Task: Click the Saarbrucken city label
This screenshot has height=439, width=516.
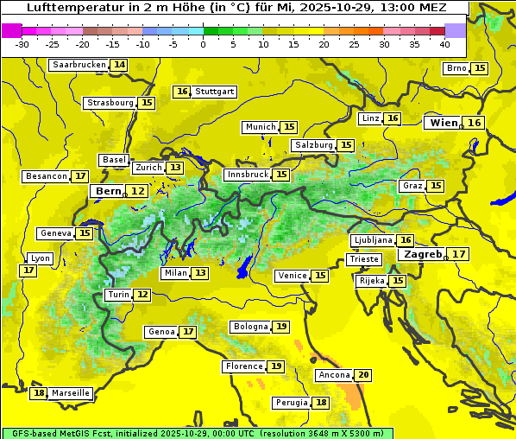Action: point(79,65)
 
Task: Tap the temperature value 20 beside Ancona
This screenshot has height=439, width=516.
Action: point(363,375)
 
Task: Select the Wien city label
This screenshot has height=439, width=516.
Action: point(444,123)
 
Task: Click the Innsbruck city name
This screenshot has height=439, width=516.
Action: point(247,175)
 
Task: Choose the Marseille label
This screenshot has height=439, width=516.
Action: point(71,393)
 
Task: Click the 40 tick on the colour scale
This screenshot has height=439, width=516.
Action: point(444,43)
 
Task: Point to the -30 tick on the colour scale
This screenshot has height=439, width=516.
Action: point(22,43)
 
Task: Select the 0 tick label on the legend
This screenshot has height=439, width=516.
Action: point(203,43)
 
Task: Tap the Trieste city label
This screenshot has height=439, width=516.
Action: point(363,259)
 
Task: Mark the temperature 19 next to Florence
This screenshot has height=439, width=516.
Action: point(276,366)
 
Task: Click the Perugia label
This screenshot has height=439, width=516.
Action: point(291,403)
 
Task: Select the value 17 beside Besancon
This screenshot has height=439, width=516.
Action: point(80,176)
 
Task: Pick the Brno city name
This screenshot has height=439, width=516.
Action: point(456,68)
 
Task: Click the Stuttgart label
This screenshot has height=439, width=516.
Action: point(215,92)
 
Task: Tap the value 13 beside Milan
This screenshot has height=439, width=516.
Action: point(200,273)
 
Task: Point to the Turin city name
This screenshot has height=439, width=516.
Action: point(119,295)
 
